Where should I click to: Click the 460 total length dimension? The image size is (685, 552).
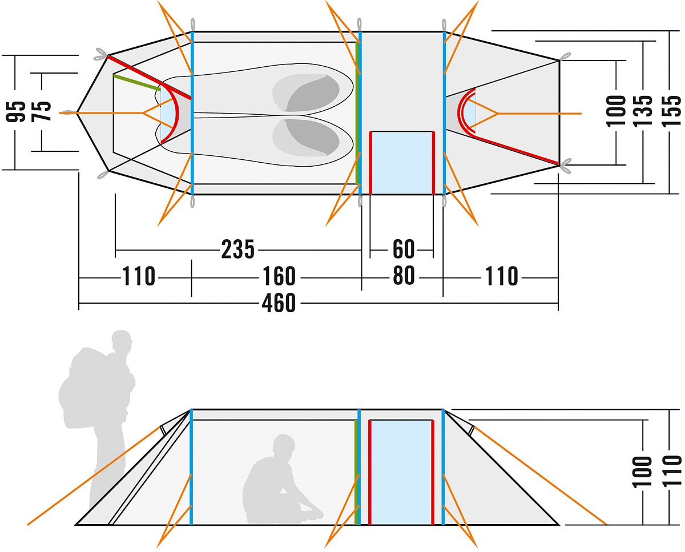pyautogui.click(x=279, y=303)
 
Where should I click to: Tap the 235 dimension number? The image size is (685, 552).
pyautogui.click(x=238, y=249)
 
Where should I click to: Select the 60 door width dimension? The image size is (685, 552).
pyautogui.click(x=404, y=249)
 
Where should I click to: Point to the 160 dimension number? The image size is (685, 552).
pyautogui.click(x=279, y=276)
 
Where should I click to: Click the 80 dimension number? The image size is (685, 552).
pyautogui.click(x=404, y=276)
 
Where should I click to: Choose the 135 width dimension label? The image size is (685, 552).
pyautogui.click(x=642, y=111)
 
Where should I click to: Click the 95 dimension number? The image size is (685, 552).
pyautogui.click(x=15, y=111)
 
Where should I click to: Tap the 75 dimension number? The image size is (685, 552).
pyautogui.click(x=41, y=111)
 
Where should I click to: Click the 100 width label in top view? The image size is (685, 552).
pyautogui.click(x=615, y=111)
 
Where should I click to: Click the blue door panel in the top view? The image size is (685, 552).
pyautogui.click(x=402, y=163)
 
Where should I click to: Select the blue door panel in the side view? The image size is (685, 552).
pyautogui.click(x=401, y=472)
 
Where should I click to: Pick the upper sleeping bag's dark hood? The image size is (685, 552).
pyautogui.click(x=313, y=93)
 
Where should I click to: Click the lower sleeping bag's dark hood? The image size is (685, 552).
pyautogui.click(x=313, y=137)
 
